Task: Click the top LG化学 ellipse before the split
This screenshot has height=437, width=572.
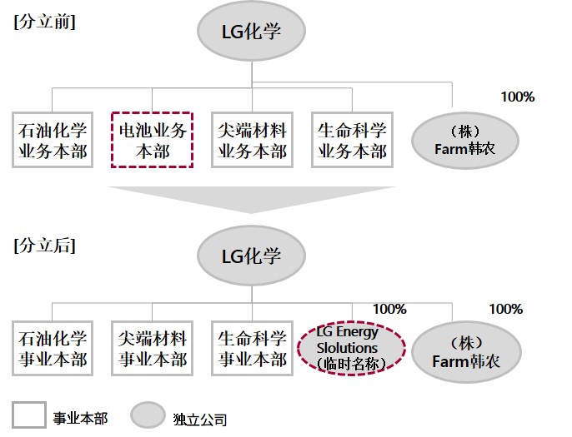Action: tap(251, 32)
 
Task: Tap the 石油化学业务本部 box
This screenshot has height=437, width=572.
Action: tap(53, 140)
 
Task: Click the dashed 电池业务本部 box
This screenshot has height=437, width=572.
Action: tap(152, 140)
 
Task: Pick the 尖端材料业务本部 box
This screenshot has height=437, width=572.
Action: tap(252, 140)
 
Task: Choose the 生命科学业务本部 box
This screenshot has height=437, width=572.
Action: tap(352, 140)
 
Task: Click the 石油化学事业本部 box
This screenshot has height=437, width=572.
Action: tap(53, 350)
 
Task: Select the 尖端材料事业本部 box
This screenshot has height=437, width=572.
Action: tap(152, 350)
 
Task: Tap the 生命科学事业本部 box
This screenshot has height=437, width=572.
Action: tap(252, 350)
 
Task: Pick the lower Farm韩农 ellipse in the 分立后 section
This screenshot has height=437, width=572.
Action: tap(464, 350)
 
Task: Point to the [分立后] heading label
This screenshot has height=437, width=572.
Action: tap(44, 246)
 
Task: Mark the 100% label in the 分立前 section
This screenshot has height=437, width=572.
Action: tap(517, 97)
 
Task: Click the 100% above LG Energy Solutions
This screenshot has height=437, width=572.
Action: tap(389, 309)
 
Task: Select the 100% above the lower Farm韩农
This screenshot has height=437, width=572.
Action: tap(505, 309)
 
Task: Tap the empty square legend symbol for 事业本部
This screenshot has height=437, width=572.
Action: tap(28, 415)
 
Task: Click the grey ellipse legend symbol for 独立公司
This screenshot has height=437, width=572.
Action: tap(148, 415)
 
